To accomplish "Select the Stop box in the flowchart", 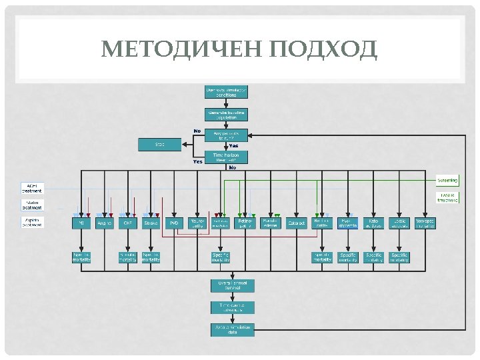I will pyautogui.click(x=160, y=144).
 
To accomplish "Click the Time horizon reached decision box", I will pyautogui.click(x=226, y=157).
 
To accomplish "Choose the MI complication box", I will pyautogui.click(x=81, y=223).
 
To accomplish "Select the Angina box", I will pyautogui.click(x=105, y=223).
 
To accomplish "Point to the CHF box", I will pyautogui.click(x=127, y=223).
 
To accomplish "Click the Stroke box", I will pyautogui.click(x=151, y=223).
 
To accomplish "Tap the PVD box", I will pyautogui.click(x=174, y=223).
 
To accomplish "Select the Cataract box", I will pyautogui.click(x=297, y=223).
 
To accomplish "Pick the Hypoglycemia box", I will pyautogui.click(x=347, y=223).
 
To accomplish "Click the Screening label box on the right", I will pyautogui.click(x=447, y=180).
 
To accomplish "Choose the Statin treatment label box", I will pyautogui.click(x=33, y=203).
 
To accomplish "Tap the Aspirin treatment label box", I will pyautogui.click(x=33, y=222).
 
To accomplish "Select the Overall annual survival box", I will pyautogui.click(x=233, y=285).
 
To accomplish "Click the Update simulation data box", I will pyautogui.click(x=233, y=329).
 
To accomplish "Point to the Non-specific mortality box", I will pyautogui.click(x=425, y=223).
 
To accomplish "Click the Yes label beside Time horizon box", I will pyautogui.click(x=198, y=161).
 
